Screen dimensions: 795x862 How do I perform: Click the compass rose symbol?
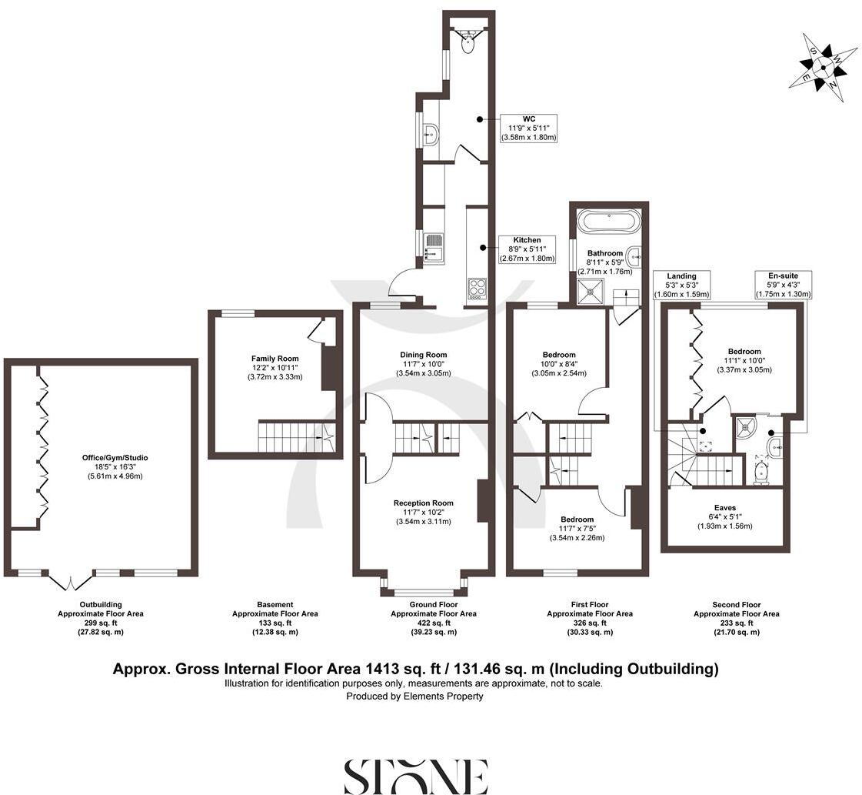point(822,67)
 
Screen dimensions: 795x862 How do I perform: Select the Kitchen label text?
point(527,240)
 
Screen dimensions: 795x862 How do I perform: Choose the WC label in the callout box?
point(528,119)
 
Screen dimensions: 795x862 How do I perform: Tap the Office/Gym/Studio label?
point(116,458)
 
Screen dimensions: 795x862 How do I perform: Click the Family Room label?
point(275,359)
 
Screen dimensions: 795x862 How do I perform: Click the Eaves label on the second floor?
point(724,508)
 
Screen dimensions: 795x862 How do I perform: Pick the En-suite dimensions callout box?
point(783,285)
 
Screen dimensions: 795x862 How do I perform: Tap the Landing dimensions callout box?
point(681,285)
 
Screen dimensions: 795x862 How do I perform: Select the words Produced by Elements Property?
point(414,696)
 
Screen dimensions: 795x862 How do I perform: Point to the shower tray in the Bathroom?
point(592,291)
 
